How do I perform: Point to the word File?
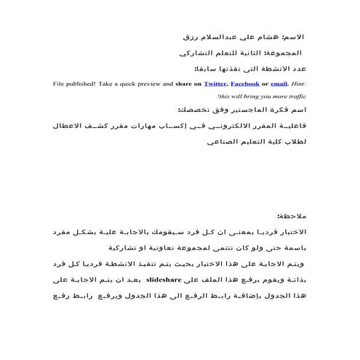[60, 84]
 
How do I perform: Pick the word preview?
[143, 84]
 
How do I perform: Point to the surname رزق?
[191, 35]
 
